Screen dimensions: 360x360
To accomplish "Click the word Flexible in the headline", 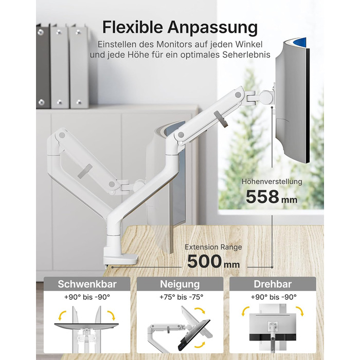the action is (133, 27).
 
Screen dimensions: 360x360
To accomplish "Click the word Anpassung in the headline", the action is (212, 28).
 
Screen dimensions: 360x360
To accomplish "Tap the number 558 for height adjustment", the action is (262, 197).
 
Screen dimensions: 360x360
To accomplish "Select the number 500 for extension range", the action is (204, 261).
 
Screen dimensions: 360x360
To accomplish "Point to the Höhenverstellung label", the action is (272, 182).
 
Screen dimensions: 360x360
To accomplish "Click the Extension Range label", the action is (213, 247).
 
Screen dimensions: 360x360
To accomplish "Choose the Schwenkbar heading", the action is (87, 284).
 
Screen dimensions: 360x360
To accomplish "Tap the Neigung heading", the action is (180, 284).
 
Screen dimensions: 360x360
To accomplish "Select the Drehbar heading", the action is (273, 284).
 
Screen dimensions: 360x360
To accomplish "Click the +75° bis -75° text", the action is (182, 297).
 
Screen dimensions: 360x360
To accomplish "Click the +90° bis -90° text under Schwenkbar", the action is (87, 297).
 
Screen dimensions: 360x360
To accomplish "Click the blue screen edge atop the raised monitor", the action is (299, 42).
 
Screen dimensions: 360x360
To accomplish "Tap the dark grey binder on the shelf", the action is (43, 66).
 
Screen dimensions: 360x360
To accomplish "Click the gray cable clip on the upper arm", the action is (221, 119).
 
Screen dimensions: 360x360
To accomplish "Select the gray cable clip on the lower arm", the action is (85, 171).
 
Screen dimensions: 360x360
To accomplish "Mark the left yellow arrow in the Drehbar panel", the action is (245, 311).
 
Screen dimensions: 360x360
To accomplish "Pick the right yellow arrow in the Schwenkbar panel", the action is (112, 315).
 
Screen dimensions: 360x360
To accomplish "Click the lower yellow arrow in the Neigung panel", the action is (200, 345).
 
